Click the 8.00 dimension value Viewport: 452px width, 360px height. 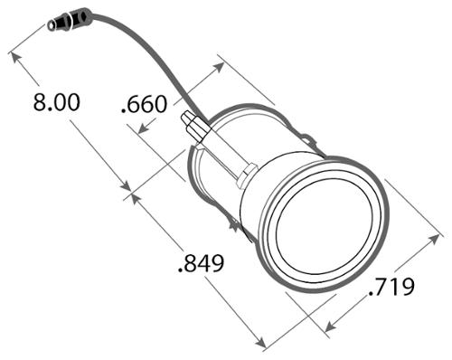click(56, 102)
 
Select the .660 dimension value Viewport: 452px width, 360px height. click(144, 104)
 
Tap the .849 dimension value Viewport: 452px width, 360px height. click(201, 263)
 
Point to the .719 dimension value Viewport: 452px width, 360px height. click(391, 287)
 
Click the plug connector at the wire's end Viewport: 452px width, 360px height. click(70, 20)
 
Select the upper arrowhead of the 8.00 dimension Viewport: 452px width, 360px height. click(15, 58)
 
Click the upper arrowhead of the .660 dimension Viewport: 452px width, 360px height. click(219, 68)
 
